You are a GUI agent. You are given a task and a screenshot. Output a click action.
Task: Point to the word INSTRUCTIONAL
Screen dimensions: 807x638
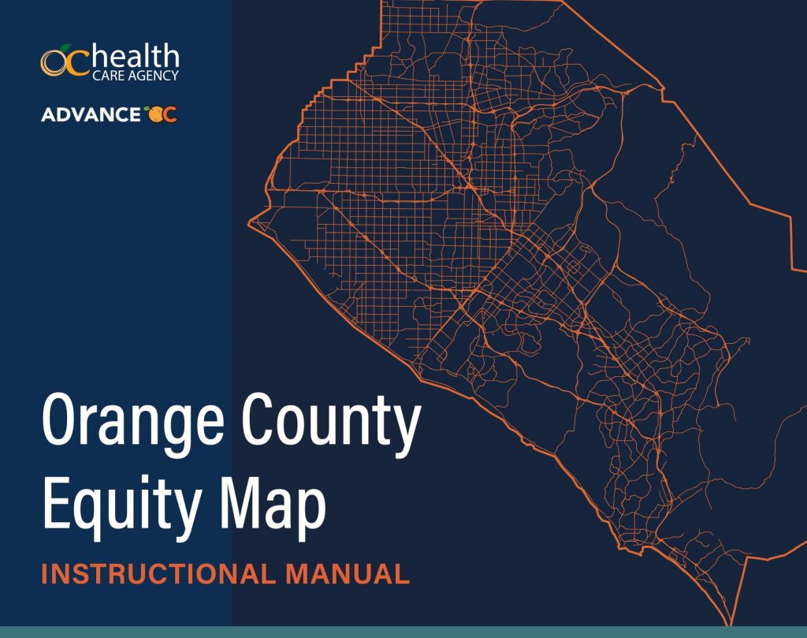point(158,574)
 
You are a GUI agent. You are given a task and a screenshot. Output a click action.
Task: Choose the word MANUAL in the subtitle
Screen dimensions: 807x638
point(348,574)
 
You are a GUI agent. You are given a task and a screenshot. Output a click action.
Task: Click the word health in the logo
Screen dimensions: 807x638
point(136,56)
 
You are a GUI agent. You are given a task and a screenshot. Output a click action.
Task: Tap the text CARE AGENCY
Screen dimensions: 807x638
point(136,76)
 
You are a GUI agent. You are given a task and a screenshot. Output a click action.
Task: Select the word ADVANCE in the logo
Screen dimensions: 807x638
point(91,114)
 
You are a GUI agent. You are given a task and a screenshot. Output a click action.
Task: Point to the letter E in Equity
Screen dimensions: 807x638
point(57,502)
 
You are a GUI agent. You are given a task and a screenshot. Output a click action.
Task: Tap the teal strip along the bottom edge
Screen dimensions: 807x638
point(403,632)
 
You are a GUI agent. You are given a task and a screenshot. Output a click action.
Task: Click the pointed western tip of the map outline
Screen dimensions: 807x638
point(248,222)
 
